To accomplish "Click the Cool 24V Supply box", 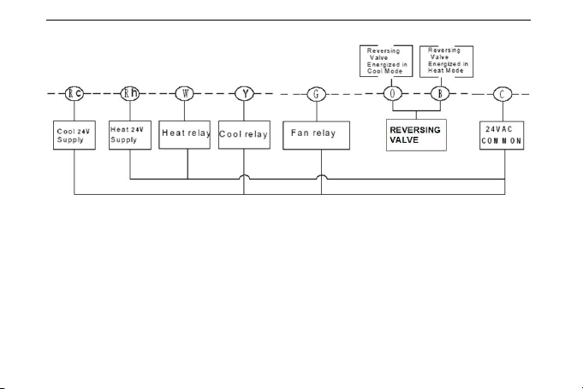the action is [74, 135].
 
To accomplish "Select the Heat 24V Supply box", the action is [130, 135].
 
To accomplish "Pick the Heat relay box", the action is [184, 135].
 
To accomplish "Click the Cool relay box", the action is [244, 135].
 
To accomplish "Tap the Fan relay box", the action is [317, 135].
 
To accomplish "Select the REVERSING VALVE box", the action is [416, 135].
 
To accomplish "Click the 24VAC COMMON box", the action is [502, 135].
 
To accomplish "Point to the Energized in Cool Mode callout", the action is [386, 62].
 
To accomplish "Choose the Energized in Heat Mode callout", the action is [447, 62].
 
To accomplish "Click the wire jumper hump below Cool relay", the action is [244, 175].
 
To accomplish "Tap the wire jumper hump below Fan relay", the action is [322, 175].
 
